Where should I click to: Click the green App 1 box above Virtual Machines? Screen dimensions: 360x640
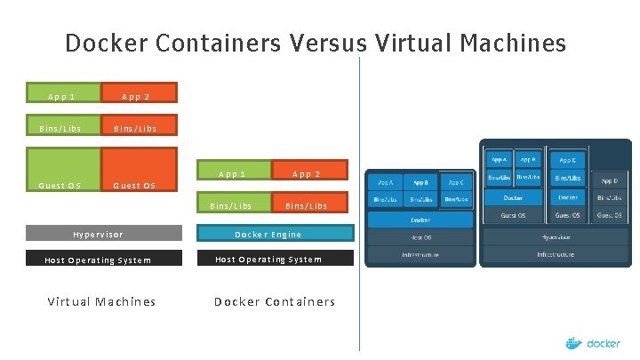[61, 93]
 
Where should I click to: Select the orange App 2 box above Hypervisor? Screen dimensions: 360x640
[139, 93]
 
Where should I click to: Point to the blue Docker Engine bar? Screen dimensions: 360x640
[275, 234]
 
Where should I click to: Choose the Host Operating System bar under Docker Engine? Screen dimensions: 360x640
[275, 259]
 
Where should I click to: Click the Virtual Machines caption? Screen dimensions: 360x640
[101, 301]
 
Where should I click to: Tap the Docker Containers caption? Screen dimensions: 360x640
[275, 301]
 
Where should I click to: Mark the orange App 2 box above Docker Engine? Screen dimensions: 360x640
[307, 173]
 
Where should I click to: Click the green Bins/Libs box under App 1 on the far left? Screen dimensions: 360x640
[61, 128]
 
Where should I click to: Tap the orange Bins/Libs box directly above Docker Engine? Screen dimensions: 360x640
[307, 205]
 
